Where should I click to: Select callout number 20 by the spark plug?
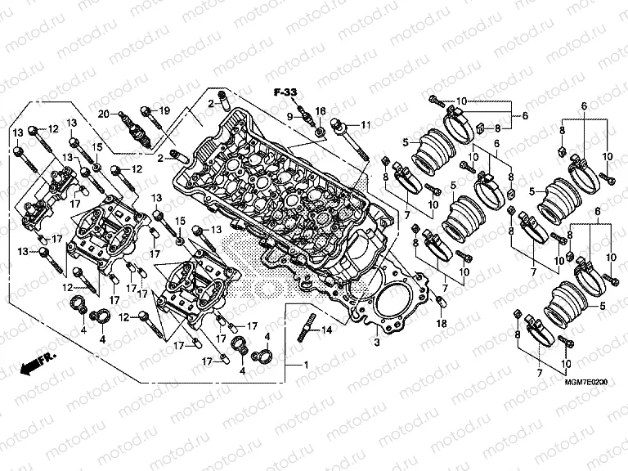coord(104,113)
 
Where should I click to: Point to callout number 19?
coord(164,111)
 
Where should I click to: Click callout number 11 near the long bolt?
coord(366,124)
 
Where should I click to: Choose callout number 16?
coord(320,110)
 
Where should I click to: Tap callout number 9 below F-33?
coord(289,117)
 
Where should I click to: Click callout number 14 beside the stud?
coord(327,330)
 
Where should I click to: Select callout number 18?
coord(442,324)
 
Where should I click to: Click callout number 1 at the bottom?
coord(306,364)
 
